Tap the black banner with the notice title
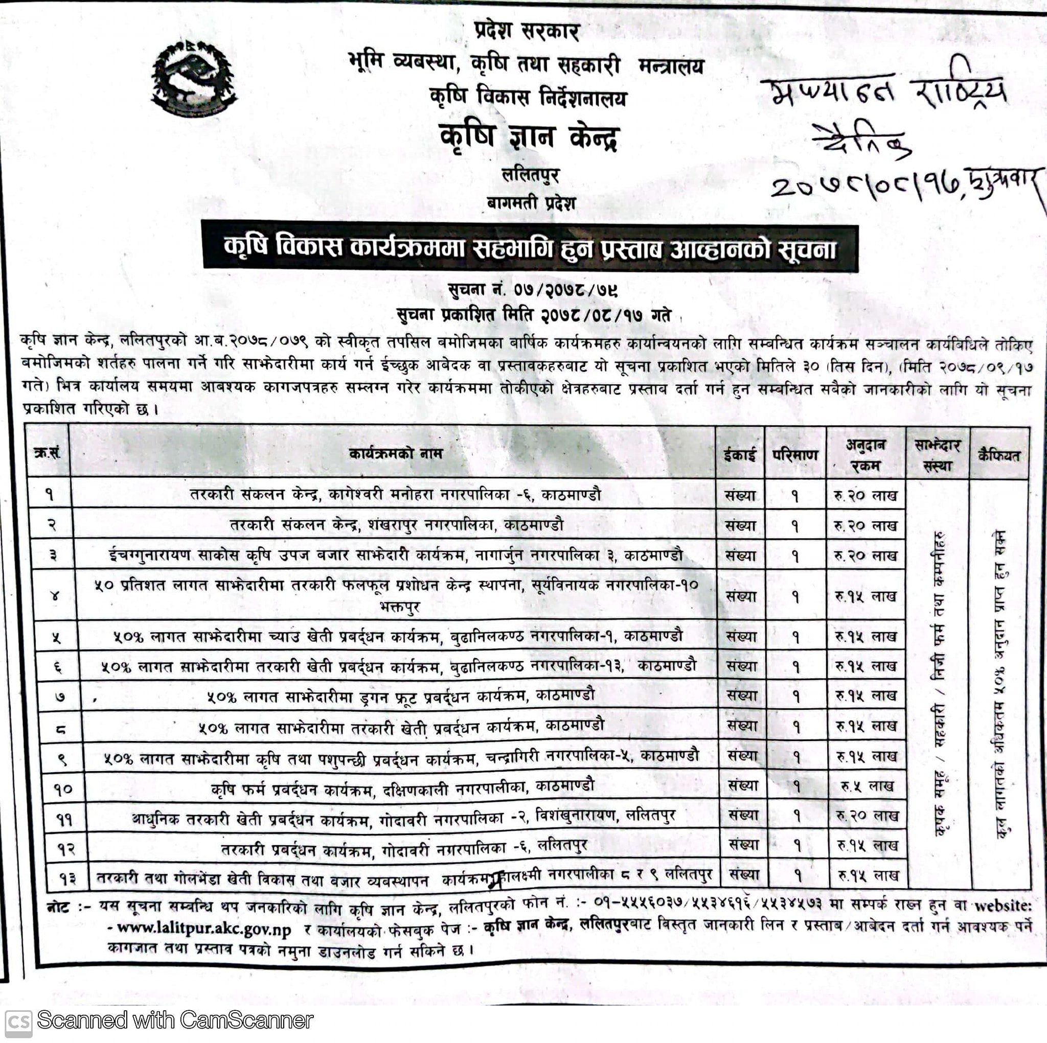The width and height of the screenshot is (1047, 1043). click(x=530, y=249)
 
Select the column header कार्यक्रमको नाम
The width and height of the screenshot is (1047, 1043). click(x=395, y=453)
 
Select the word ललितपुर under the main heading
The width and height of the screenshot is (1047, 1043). click(x=530, y=174)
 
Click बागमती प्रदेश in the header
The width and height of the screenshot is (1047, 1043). click(x=531, y=203)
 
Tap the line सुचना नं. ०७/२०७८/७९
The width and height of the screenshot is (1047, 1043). click(x=533, y=290)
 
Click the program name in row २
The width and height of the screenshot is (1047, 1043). click(x=396, y=525)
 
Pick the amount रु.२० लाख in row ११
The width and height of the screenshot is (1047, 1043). click(x=867, y=816)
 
